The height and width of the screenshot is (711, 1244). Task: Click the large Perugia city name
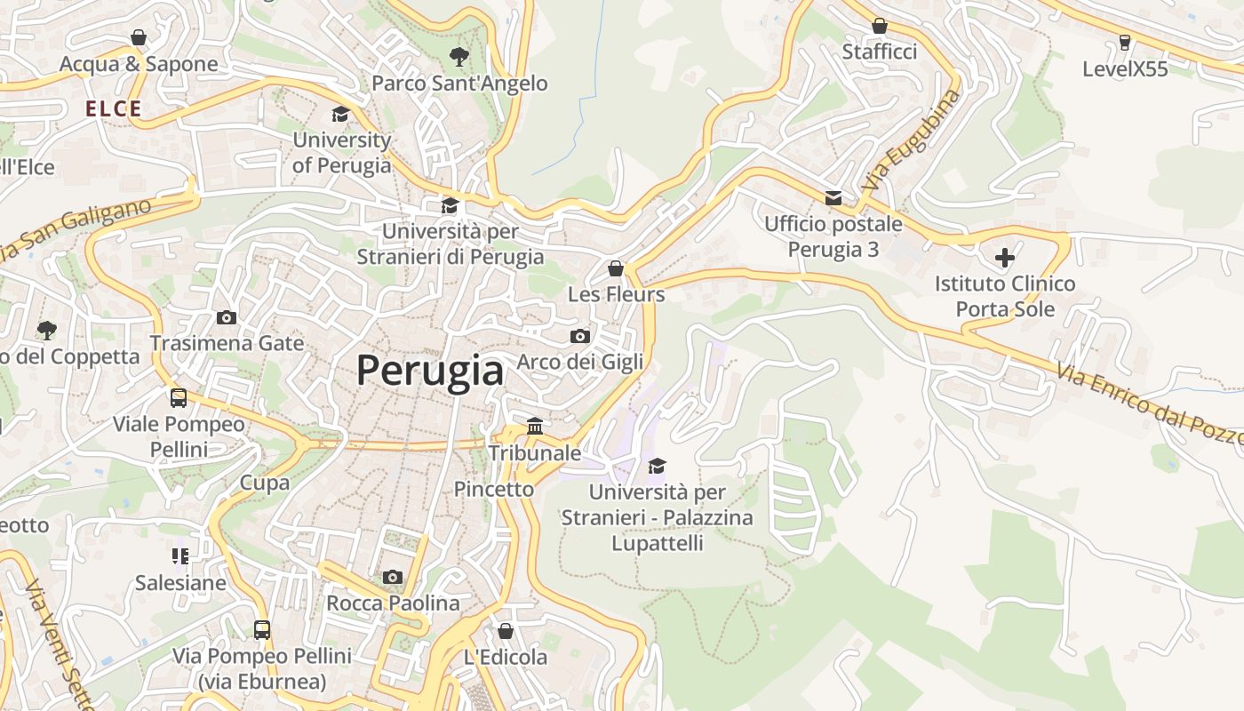(x=430, y=370)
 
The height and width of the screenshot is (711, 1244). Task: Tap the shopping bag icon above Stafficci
(x=880, y=26)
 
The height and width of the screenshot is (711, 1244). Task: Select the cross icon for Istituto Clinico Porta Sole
(x=1005, y=258)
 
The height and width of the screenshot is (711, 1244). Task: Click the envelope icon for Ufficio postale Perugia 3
(x=833, y=197)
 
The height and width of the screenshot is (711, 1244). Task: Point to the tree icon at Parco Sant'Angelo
(x=459, y=57)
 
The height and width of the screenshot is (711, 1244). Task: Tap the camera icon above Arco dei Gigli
(x=579, y=336)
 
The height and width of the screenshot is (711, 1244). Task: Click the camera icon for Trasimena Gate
(x=227, y=317)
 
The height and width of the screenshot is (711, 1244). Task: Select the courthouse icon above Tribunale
(x=535, y=427)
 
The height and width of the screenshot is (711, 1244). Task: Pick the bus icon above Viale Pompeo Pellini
(x=179, y=397)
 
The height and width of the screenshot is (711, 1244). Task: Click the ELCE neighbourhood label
(x=114, y=109)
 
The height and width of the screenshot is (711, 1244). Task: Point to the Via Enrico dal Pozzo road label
(x=1151, y=403)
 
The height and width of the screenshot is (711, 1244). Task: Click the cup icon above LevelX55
(x=1125, y=43)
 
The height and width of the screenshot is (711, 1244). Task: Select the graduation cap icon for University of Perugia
(x=340, y=114)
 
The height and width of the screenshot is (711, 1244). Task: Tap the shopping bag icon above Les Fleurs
(x=616, y=268)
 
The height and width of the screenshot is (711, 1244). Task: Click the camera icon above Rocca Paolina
(x=393, y=577)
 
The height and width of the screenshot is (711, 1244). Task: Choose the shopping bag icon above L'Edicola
(x=506, y=631)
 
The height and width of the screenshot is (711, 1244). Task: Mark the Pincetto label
(x=494, y=489)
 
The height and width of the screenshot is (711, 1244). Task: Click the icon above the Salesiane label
(x=180, y=556)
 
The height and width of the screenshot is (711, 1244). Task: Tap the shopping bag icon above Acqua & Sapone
(x=139, y=37)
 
